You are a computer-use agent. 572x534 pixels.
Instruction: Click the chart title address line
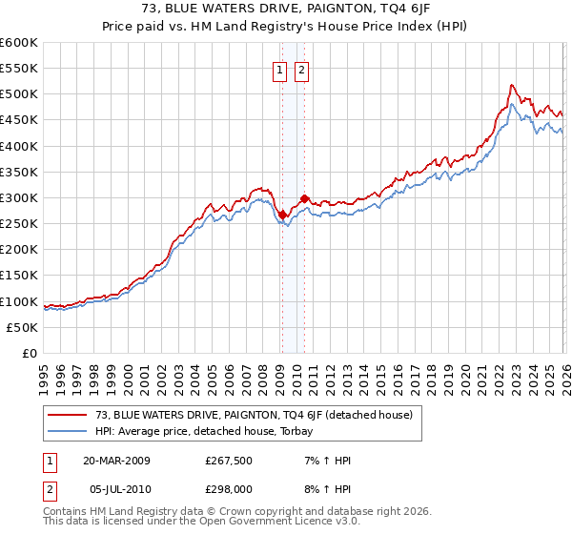pos(286,10)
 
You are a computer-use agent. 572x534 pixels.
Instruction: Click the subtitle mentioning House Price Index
pos(286,26)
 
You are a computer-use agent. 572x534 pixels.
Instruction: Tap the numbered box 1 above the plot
pos(280,70)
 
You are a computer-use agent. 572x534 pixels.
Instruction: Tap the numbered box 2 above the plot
pos(301,70)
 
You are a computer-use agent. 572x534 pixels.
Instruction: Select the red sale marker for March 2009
pos(282,215)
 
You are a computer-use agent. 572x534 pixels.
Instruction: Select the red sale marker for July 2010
pos(304,199)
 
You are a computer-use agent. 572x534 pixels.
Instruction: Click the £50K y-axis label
pos(22,327)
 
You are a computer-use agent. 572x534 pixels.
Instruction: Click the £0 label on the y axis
pos(29,353)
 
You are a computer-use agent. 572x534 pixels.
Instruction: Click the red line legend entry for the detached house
pos(253,415)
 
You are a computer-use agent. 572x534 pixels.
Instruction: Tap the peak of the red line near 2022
pos(512,85)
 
